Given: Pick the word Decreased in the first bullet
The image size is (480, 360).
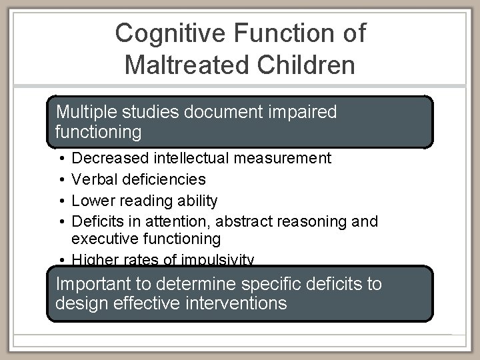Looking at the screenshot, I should coord(110,158).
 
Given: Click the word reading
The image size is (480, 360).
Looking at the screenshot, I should coord(141,200).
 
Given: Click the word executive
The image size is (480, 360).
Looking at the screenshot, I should coord(102,239).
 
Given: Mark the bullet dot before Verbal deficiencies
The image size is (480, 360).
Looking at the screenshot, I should coord(61,179).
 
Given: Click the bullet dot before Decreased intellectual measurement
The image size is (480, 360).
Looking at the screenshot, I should coord(61,159).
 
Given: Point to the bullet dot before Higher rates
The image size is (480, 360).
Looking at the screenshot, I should coord(61,260).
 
